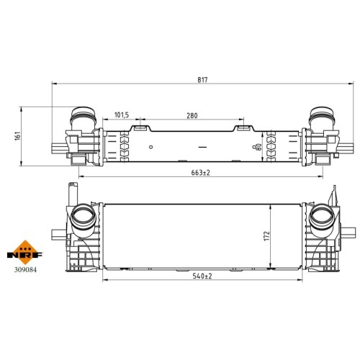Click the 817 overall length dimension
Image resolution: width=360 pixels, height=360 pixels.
point(202,80)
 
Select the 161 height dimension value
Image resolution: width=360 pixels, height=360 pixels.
point(17,136)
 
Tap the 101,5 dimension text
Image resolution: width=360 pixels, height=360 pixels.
point(122,115)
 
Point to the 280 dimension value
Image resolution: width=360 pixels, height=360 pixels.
point(192,116)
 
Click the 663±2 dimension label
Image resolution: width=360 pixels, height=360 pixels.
point(201,173)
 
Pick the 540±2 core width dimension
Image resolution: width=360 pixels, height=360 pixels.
point(202,276)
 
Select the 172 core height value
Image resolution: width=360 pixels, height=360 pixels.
point(267,236)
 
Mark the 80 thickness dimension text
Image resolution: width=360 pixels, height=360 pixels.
point(258,147)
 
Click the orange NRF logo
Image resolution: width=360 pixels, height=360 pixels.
point(24,253)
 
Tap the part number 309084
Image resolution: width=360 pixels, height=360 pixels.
point(25,270)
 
